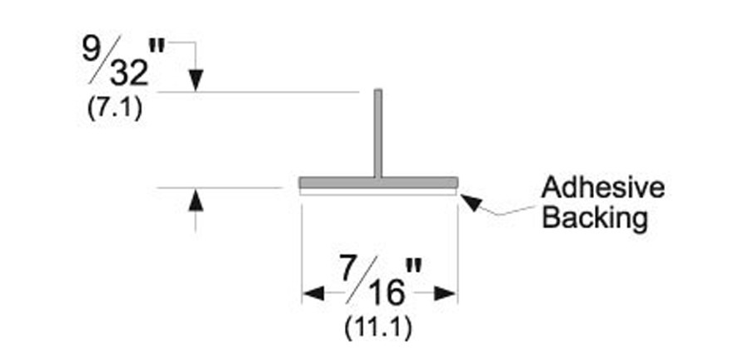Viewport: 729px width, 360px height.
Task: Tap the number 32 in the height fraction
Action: pyautogui.click(x=130, y=73)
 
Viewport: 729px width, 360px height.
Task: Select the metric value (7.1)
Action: pyautogui.click(x=115, y=110)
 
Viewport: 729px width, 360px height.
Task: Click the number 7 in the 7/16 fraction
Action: pyautogui.click(x=351, y=267)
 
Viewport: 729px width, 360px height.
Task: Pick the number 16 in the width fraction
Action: pyautogui.click(x=387, y=293)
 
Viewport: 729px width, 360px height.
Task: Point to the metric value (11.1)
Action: pyautogui.click(x=378, y=328)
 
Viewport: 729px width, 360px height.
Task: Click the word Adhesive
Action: pyautogui.click(x=603, y=187)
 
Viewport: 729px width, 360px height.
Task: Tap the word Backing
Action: pyautogui.click(x=595, y=217)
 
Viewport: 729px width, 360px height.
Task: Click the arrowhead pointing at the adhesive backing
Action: pyautogui.click(x=471, y=202)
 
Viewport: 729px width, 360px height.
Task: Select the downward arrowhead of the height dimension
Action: pyautogui.click(x=196, y=80)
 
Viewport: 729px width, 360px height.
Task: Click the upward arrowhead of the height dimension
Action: pyautogui.click(x=196, y=200)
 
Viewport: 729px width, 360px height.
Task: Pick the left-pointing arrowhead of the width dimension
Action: pyautogui.click(x=313, y=293)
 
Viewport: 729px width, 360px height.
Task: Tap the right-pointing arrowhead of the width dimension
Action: pyautogui.click(x=446, y=293)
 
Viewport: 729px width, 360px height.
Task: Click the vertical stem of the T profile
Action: pyautogui.click(x=378, y=133)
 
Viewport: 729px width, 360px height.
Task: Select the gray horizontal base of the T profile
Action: pyautogui.click(x=378, y=182)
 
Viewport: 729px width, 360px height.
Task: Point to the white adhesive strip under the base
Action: pyautogui.click(x=378, y=191)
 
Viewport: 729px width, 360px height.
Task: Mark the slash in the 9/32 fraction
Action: pyautogui.click(x=105, y=59)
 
